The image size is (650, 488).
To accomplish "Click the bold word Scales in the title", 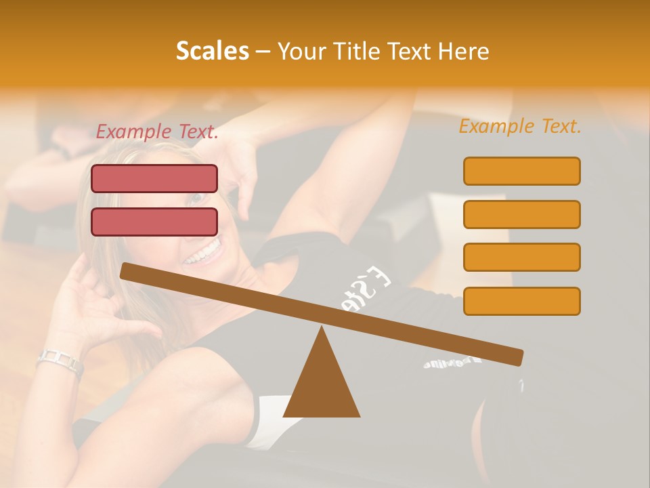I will (212, 52).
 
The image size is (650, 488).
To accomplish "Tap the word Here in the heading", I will (462, 52).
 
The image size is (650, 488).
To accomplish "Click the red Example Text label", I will (157, 132).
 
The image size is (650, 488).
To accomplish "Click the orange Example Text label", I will (520, 126).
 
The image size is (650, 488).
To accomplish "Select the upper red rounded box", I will (154, 178).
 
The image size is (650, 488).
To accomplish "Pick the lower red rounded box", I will (154, 222).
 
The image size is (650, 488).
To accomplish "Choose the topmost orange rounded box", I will (521, 171).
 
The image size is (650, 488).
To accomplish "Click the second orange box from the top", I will (521, 214).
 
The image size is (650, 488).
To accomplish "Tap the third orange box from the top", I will (521, 258).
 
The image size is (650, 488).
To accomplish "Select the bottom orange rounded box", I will (521, 301).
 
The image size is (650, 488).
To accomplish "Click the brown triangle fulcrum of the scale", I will (322, 380).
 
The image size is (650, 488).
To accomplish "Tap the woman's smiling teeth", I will (203, 254).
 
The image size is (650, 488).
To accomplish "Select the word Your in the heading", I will (302, 52).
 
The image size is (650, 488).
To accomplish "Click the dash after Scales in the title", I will (263, 52).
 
